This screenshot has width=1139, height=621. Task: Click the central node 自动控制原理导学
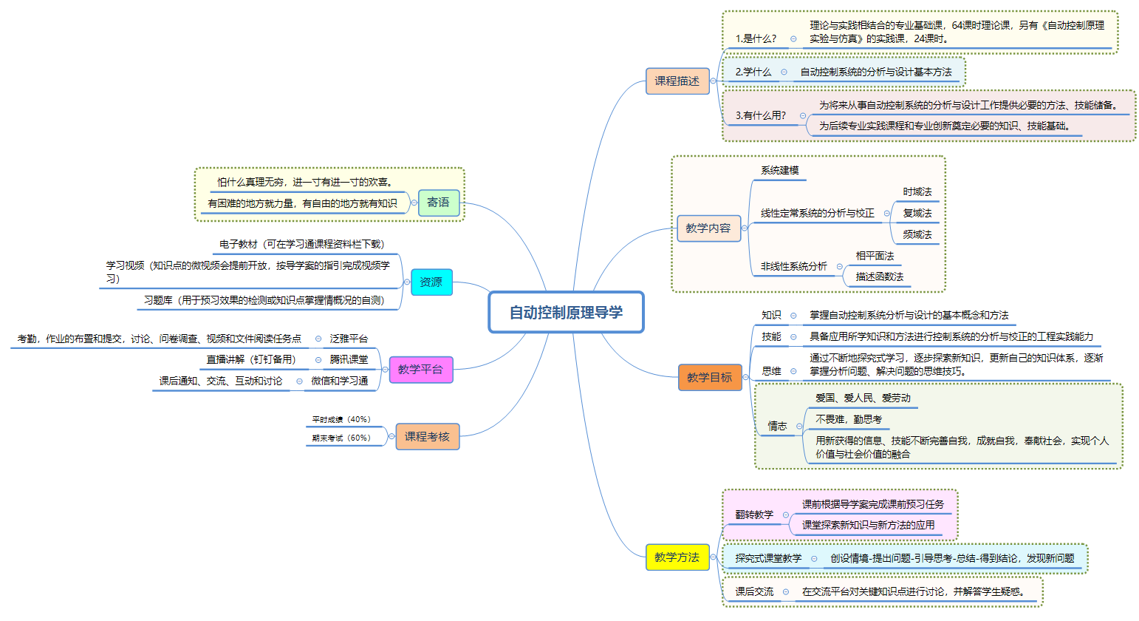click(x=566, y=312)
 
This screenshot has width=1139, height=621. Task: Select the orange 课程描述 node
click(x=677, y=81)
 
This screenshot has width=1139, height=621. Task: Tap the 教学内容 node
click(x=708, y=228)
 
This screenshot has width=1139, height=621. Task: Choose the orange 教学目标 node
click(x=709, y=377)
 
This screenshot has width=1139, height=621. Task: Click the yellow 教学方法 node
click(x=677, y=557)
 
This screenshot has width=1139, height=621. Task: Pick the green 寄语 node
click(x=438, y=202)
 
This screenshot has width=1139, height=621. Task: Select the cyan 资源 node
click(x=431, y=282)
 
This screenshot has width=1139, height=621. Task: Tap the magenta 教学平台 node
click(x=420, y=369)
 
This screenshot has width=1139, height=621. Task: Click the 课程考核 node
click(x=427, y=436)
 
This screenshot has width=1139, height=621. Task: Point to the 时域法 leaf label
click(x=917, y=191)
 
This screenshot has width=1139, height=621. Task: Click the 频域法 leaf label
click(x=917, y=234)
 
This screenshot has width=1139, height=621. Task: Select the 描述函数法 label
click(x=879, y=276)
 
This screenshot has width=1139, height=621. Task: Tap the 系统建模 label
click(x=780, y=170)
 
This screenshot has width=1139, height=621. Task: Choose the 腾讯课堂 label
click(x=349, y=359)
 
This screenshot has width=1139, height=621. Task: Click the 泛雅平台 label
click(x=349, y=339)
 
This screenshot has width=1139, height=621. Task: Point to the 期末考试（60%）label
click(x=341, y=438)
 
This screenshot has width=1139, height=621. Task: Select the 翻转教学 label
click(x=754, y=515)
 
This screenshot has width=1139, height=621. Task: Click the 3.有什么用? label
click(x=760, y=115)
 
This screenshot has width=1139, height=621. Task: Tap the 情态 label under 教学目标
click(x=777, y=426)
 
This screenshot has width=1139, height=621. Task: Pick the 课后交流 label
click(x=754, y=591)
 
